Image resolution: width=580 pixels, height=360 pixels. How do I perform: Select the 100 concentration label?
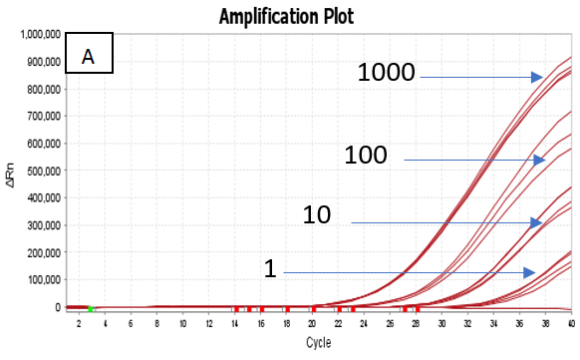[x=372, y=155]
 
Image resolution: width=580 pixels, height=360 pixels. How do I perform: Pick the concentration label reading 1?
[x=269, y=269]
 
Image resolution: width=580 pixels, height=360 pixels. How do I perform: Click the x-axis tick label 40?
[x=571, y=324]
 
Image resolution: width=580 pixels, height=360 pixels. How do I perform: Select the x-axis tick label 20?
[x=312, y=324]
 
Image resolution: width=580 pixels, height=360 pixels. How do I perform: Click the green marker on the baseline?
[x=91, y=309]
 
